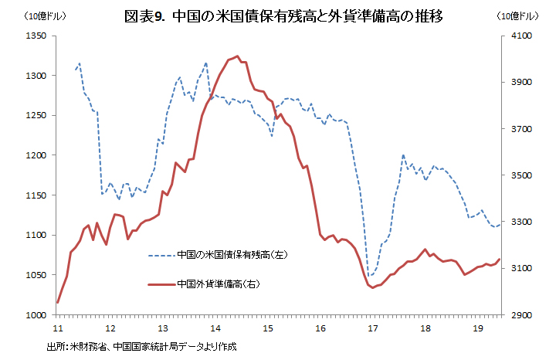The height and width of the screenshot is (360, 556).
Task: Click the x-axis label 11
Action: click(x=57, y=328)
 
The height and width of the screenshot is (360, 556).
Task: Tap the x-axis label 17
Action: click(x=372, y=328)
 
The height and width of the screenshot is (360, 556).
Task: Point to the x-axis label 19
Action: click(x=477, y=328)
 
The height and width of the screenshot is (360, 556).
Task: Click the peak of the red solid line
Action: click(x=235, y=56)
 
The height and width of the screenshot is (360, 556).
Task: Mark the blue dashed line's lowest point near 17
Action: click(x=371, y=276)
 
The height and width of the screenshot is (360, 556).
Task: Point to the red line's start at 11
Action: click(x=58, y=302)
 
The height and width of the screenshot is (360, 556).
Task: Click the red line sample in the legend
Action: click(x=161, y=284)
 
